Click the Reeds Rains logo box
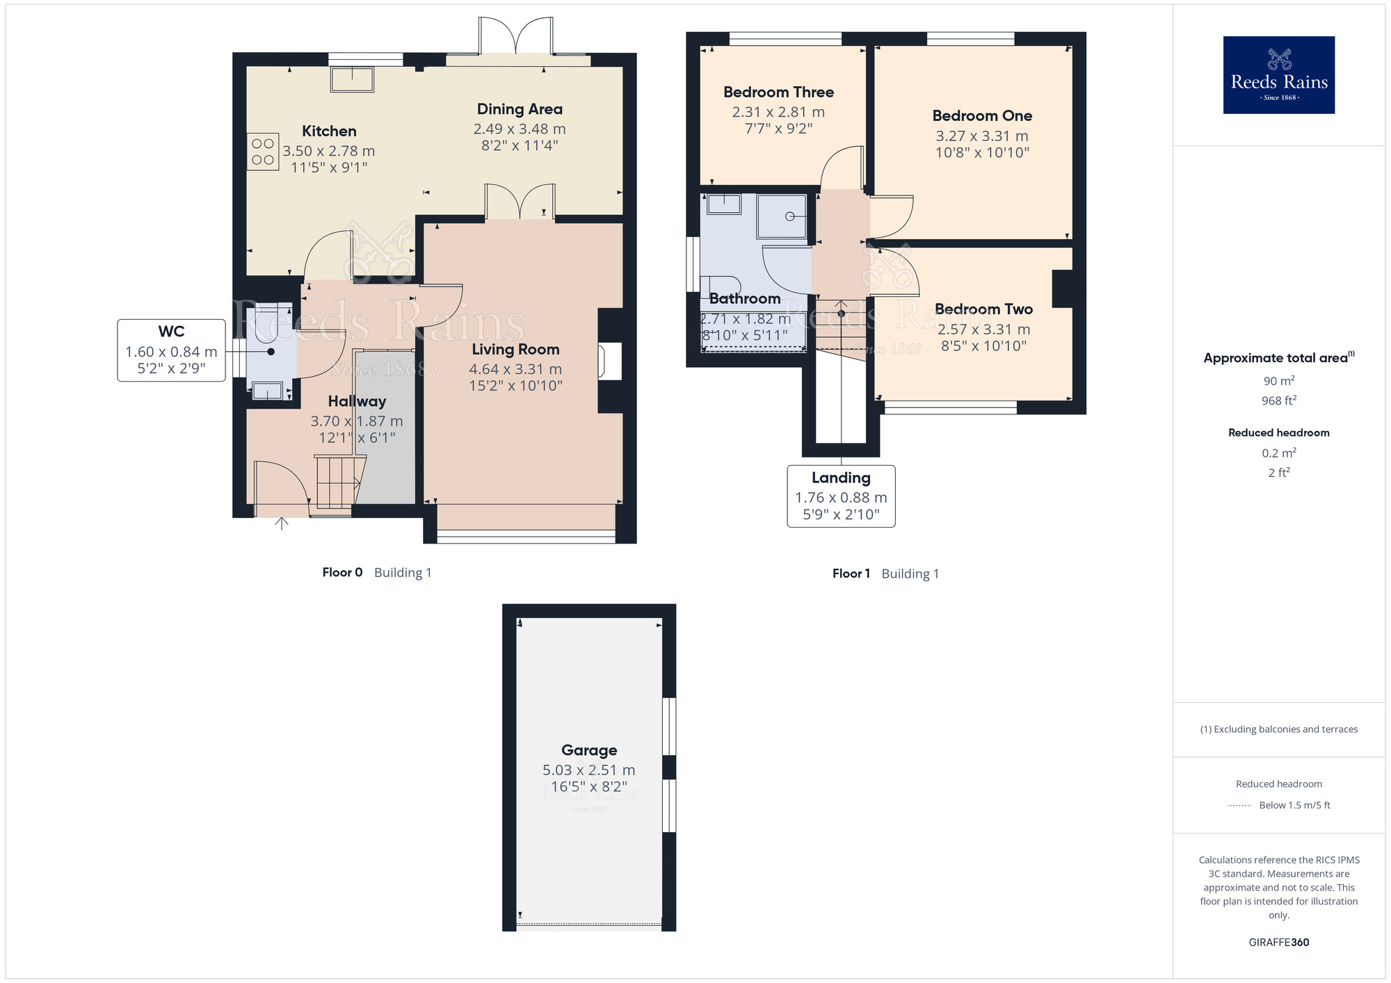(1278, 75)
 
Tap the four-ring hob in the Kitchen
(263, 152)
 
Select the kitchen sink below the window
(352, 79)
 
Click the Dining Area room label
(520, 109)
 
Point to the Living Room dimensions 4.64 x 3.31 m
(515, 369)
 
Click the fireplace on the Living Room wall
(610, 361)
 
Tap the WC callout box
(171, 350)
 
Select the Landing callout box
(841, 496)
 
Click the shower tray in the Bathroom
(782, 216)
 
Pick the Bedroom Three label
(778, 92)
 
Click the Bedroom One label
(982, 115)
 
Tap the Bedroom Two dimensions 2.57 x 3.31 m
(983, 329)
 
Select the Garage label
(589, 750)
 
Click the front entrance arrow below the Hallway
(282, 523)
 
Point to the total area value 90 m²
(1278, 381)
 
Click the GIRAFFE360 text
(1278, 942)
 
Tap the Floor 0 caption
(342, 572)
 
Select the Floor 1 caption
(851, 574)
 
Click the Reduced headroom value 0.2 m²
(1278, 453)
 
